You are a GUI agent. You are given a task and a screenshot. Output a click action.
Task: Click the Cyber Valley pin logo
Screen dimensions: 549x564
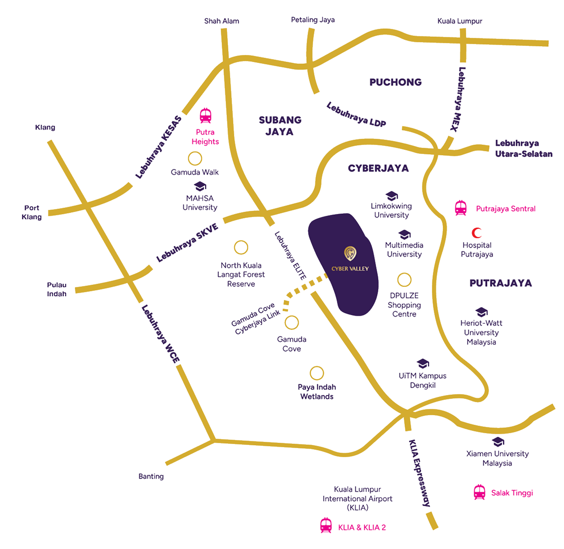tap(350, 254)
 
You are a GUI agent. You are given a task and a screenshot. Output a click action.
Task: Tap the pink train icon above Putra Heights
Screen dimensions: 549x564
tap(206, 116)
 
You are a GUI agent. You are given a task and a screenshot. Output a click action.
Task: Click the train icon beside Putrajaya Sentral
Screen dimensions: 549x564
tap(461, 208)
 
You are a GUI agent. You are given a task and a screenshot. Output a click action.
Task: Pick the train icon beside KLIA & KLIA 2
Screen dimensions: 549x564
tap(326, 526)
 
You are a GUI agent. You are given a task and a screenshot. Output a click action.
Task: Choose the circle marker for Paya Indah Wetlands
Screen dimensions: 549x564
tap(315, 372)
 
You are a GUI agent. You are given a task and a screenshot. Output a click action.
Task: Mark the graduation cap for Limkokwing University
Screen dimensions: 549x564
tap(391, 195)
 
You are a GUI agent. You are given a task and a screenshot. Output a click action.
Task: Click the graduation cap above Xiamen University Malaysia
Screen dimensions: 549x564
tap(497, 442)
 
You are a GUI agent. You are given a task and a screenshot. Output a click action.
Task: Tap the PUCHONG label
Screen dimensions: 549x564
tap(395, 83)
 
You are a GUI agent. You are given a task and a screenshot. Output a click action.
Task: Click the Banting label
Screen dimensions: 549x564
tap(151, 476)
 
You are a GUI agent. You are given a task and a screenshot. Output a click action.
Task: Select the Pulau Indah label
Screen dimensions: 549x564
tap(57, 289)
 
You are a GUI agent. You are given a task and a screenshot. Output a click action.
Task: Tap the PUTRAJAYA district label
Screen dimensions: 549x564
tap(500, 283)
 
